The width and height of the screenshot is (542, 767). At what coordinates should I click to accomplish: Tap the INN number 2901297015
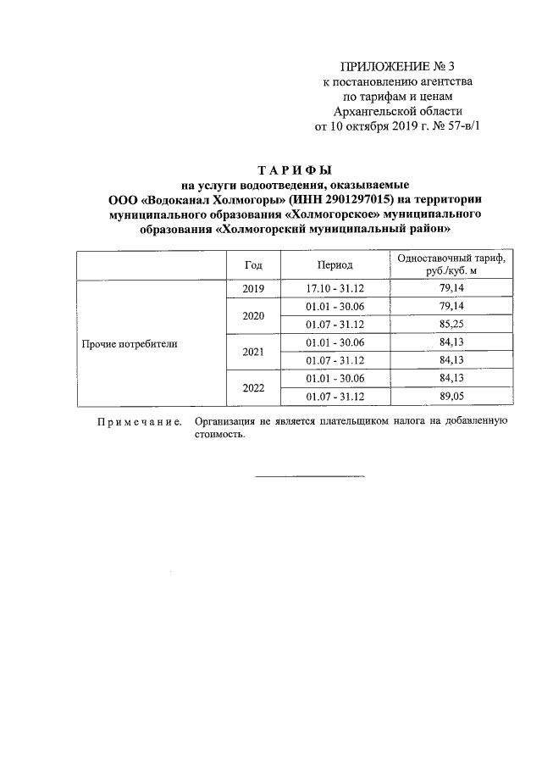click(344, 199)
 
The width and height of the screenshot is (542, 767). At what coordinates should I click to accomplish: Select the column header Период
click(335, 264)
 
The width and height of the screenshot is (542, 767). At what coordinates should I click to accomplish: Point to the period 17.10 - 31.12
click(335, 289)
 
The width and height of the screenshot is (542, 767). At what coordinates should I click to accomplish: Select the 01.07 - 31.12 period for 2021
click(335, 360)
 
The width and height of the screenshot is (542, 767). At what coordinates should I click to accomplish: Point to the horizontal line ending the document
click(310, 475)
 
